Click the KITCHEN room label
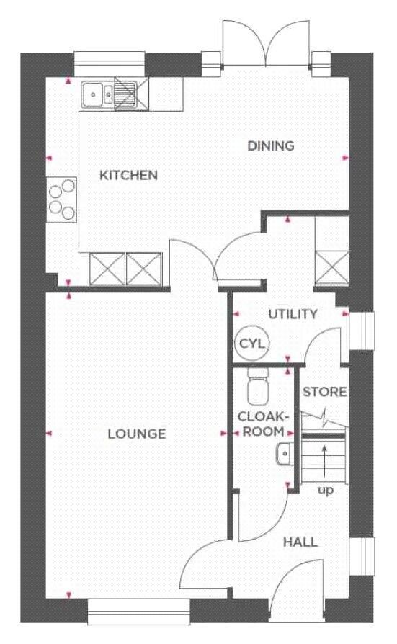(129, 175)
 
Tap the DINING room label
(271, 146)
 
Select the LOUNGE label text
(137, 434)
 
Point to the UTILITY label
(293, 315)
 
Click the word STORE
(325, 392)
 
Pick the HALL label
(300, 542)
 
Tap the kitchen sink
(98, 94)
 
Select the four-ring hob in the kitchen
(62, 200)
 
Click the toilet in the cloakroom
(258, 386)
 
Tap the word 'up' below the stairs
(326, 491)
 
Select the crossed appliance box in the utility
(332, 268)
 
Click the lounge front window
(139, 612)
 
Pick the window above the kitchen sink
(110, 64)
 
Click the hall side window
(362, 556)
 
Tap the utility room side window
(362, 331)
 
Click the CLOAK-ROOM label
(262, 424)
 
